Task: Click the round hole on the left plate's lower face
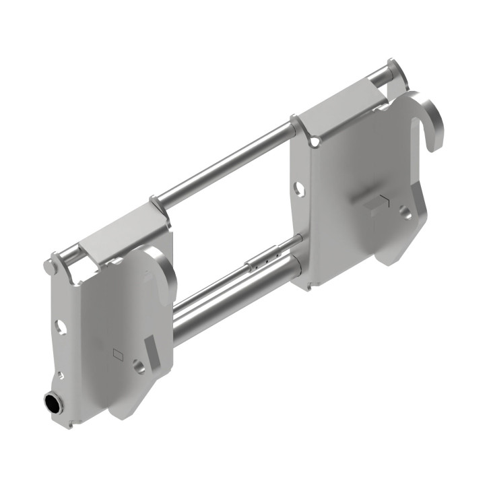[x=138, y=367]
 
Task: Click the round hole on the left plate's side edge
[x=61, y=327]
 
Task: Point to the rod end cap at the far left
[x=48, y=266]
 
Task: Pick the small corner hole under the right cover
[x=314, y=142]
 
